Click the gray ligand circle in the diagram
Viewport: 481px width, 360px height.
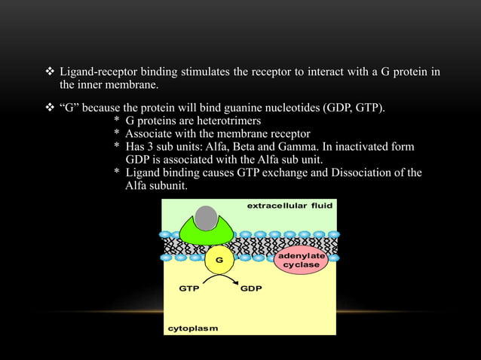(206, 217)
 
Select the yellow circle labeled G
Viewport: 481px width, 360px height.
(219, 260)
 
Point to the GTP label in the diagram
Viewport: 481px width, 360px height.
(189, 288)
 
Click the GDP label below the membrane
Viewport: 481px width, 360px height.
(251, 288)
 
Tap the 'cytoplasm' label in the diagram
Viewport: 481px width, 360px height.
(192, 328)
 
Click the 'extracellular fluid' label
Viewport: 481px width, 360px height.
(290, 205)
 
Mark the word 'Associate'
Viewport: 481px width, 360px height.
(149, 133)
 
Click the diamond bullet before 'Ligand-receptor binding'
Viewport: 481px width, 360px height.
(51, 72)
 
